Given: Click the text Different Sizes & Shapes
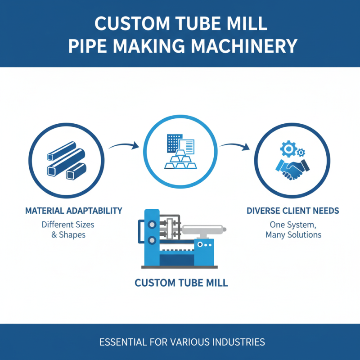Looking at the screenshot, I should (x=67, y=229).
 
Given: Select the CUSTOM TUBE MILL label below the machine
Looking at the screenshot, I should (x=181, y=283).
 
